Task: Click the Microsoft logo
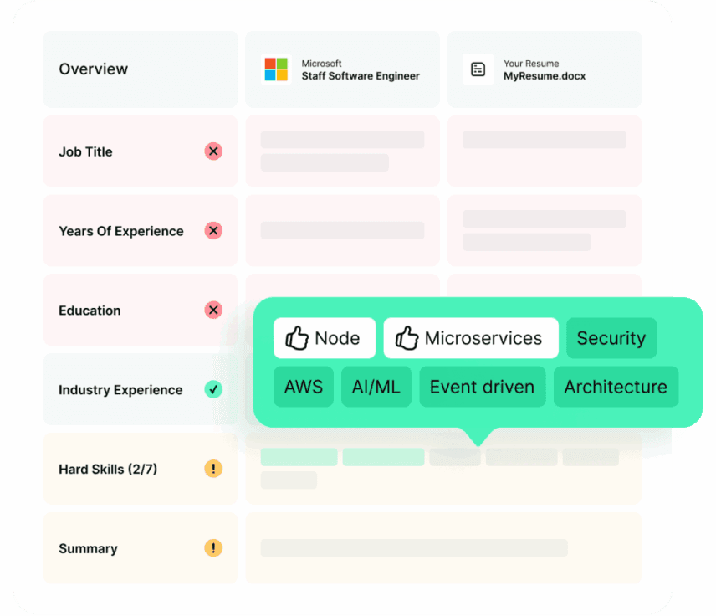pyautogui.click(x=276, y=69)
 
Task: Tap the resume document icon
pyautogui.click(x=478, y=69)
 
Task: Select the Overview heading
pyautogui.click(x=94, y=69)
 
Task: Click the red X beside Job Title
pyautogui.click(x=213, y=151)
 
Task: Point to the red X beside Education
pyautogui.click(x=213, y=311)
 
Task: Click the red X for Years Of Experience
pyautogui.click(x=213, y=231)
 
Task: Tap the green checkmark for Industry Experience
pyautogui.click(x=213, y=389)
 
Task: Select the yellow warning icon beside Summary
pyautogui.click(x=213, y=548)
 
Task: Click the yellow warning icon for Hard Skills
pyautogui.click(x=213, y=469)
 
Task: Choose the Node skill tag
pyautogui.click(x=324, y=338)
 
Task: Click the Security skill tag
pyautogui.click(x=611, y=338)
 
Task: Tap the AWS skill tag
pyautogui.click(x=303, y=387)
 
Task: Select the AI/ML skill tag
pyautogui.click(x=376, y=387)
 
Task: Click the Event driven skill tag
pyautogui.click(x=482, y=387)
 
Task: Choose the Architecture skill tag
pyautogui.click(x=616, y=387)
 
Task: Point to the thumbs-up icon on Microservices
pyautogui.click(x=407, y=338)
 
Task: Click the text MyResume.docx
pyautogui.click(x=545, y=76)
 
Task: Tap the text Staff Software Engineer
pyautogui.click(x=361, y=76)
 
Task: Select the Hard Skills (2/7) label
pyautogui.click(x=108, y=469)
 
